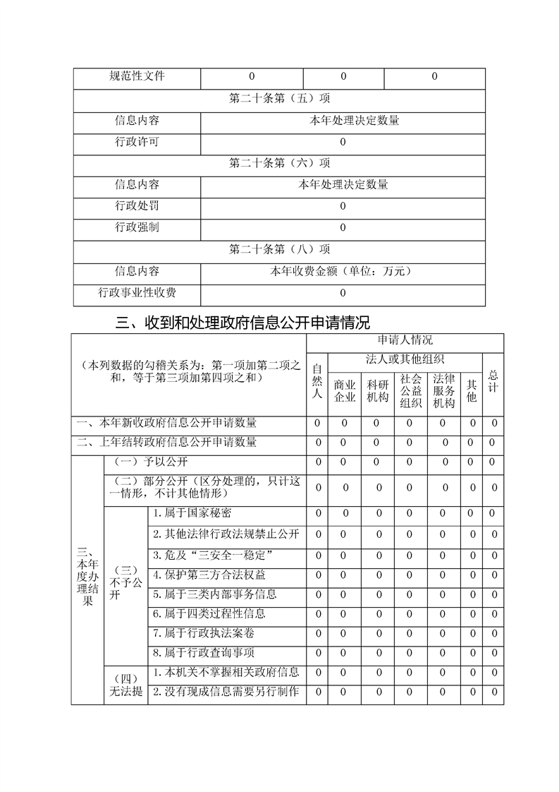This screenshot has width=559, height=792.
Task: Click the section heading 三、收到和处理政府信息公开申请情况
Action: click(242, 323)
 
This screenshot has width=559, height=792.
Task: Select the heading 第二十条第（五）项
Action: click(280, 99)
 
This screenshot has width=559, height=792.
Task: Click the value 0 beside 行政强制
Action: click(343, 228)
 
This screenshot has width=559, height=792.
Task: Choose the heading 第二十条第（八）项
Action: click(280, 249)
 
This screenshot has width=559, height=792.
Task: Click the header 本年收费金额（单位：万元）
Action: click(343, 271)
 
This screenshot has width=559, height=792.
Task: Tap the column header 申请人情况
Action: click(405, 341)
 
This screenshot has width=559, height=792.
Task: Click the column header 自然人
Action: click(317, 381)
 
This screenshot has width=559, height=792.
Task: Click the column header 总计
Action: click(493, 381)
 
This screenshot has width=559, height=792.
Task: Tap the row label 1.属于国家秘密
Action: click(192, 513)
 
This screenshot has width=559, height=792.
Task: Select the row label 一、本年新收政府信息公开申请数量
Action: click(167, 423)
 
